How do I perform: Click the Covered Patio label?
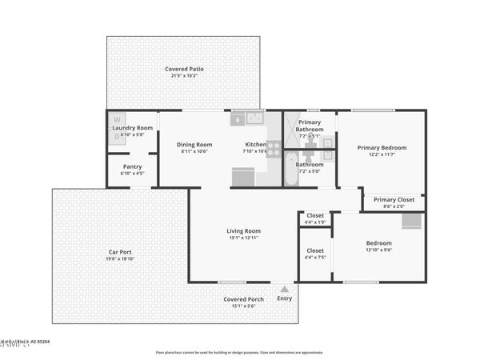184,69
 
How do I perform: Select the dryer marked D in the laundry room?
117,136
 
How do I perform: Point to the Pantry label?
132,166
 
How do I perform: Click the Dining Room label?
194,144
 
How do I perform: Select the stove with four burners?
274,148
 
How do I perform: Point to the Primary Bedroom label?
382,147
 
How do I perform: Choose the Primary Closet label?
394,199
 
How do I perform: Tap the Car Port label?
119,252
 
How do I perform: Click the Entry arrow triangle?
285,289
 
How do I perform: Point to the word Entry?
285,298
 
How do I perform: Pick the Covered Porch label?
243,299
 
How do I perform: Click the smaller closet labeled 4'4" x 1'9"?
315,218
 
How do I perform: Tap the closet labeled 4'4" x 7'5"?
315,254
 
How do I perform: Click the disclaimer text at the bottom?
239,352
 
